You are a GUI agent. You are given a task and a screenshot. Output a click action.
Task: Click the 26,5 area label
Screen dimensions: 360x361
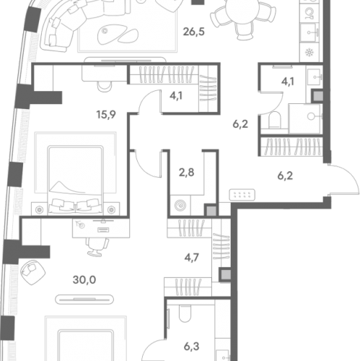click(x=193, y=32)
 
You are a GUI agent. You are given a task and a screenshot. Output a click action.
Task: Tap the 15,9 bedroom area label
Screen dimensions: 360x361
click(x=106, y=115)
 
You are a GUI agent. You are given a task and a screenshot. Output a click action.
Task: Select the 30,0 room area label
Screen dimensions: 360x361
click(x=84, y=280)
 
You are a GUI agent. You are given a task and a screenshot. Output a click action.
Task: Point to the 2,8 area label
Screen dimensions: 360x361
click(x=187, y=173)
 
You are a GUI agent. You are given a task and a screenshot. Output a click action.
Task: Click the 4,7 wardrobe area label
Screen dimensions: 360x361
click(x=192, y=257)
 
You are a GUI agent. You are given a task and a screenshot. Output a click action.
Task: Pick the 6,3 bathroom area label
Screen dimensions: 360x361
click(x=192, y=347)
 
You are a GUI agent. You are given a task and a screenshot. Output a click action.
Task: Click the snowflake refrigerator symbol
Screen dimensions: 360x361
click(x=309, y=52)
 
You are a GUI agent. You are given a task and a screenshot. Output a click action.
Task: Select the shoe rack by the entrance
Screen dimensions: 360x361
click(x=242, y=195)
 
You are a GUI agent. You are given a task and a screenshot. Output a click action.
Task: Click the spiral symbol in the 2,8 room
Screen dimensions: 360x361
click(x=180, y=205)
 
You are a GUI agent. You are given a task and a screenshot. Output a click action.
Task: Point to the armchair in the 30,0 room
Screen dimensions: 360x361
click(x=33, y=272)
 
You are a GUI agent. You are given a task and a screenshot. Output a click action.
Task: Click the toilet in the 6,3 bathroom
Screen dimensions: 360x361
click(x=185, y=315)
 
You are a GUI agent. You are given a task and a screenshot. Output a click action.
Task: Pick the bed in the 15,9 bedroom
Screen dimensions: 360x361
click(x=76, y=180)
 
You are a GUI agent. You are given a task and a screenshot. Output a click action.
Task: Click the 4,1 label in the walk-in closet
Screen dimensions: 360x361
click(x=176, y=96)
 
